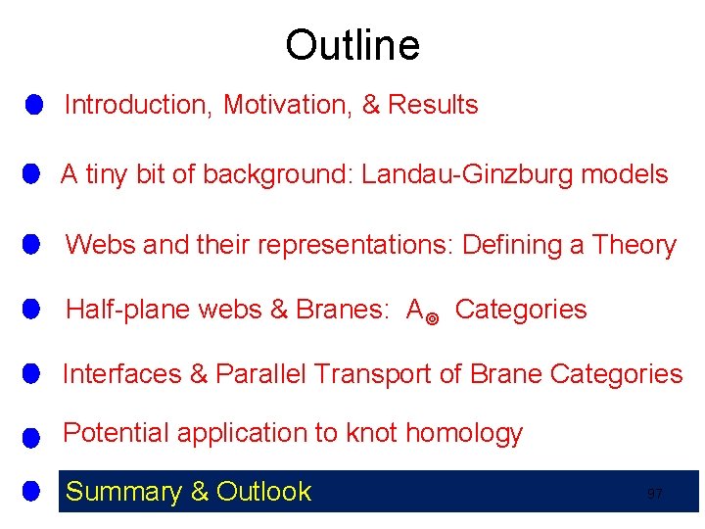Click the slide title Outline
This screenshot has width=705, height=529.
[352, 46]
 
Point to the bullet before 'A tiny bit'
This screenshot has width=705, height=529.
[31, 174]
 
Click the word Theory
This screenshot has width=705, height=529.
[634, 245]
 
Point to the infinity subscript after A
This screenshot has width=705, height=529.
[434, 316]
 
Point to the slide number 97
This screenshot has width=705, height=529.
[655, 494]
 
